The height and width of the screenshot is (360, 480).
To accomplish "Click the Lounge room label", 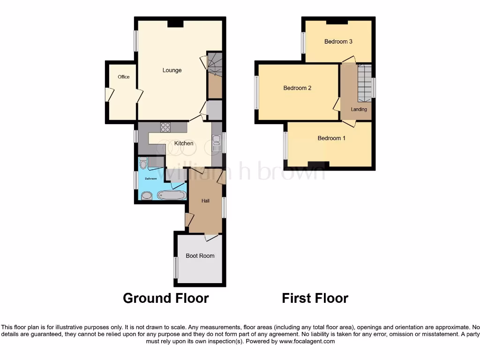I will [172, 70].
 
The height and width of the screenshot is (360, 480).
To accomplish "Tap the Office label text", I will [123, 77].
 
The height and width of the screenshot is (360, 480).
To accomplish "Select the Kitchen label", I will [184, 143].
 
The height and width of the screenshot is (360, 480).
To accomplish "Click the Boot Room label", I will [200, 256].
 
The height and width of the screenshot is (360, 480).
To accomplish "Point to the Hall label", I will [205, 201].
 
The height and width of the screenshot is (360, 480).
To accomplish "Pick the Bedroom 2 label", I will [297, 88].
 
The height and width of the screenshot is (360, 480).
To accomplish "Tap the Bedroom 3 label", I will [338, 42].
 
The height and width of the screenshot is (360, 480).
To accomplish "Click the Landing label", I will [359, 109].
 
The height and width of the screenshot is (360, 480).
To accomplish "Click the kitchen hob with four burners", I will [165, 127].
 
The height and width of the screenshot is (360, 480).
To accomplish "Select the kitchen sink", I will [216, 143].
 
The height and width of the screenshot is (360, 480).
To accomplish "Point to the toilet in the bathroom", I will [143, 163].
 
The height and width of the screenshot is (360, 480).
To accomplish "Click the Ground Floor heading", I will [165, 298].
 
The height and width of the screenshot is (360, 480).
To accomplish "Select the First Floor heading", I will [315, 298].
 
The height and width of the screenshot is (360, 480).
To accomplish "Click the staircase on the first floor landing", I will [364, 83].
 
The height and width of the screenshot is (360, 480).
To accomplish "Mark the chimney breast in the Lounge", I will [175, 22].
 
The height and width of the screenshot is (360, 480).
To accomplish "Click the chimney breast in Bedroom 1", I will [318, 164].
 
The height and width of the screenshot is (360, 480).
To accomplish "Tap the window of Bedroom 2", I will [256, 92].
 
